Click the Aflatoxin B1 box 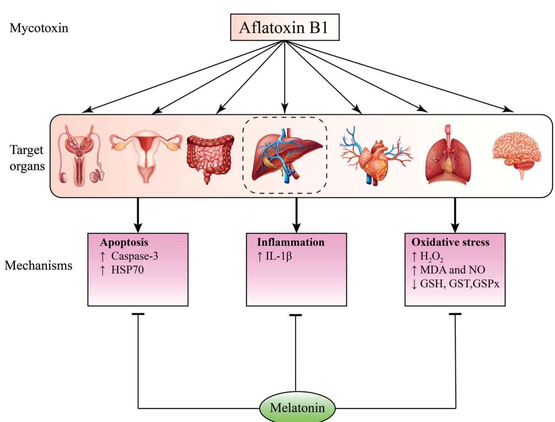[x=285, y=27]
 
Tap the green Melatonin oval [x=297, y=407]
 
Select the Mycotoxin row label [x=39, y=28]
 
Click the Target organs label [x=27, y=158]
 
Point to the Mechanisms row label [x=39, y=265]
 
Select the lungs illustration [x=448, y=154]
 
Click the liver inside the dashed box [x=287, y=155]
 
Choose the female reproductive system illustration [x=146, y=155]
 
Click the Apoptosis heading [x=124, y=242]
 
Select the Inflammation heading [x=290, y=242]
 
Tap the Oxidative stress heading [x=450, y=242]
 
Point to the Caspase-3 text [x=135, y=256]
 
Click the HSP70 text [x=127, y=270]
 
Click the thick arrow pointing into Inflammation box [x=296, y=215]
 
